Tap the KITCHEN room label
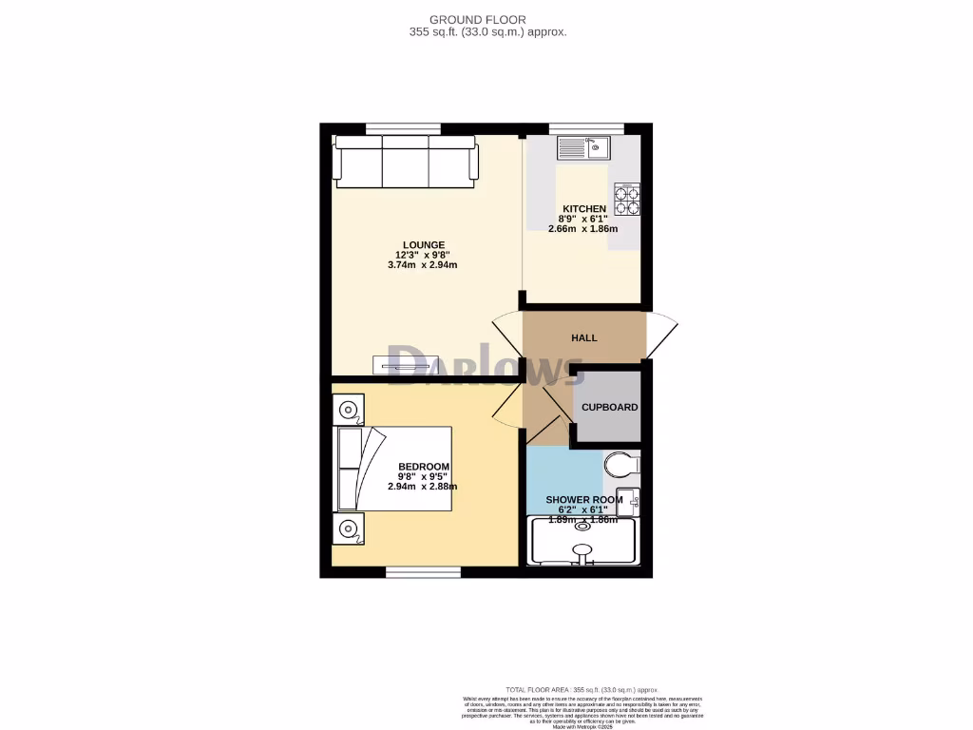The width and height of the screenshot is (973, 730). point(583,209)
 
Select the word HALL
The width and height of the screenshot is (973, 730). point(583,338)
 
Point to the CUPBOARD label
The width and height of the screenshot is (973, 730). point(609,407)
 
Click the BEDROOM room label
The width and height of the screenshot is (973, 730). point(423,466)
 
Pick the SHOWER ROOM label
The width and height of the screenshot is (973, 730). point(583,499)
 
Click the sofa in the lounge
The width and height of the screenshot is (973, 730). point(406,162)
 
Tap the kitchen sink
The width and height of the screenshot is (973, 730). point(584,147)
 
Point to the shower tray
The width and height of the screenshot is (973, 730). point(582,543)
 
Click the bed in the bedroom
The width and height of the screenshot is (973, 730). point(392,469)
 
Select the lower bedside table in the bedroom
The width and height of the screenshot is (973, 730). point(348,529)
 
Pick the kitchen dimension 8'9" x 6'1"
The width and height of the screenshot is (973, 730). point(583,219)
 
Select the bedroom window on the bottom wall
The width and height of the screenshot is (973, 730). point(423,572)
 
